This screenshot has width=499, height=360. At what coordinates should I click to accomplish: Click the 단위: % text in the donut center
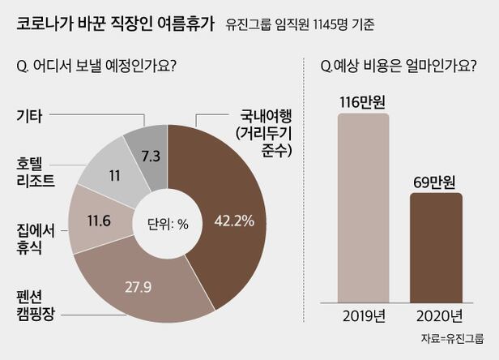[x=167, y=224]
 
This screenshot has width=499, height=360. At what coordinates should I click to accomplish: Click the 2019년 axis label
[x=365, y=315]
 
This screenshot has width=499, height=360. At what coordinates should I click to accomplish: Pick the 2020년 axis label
[x=436, y=315]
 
